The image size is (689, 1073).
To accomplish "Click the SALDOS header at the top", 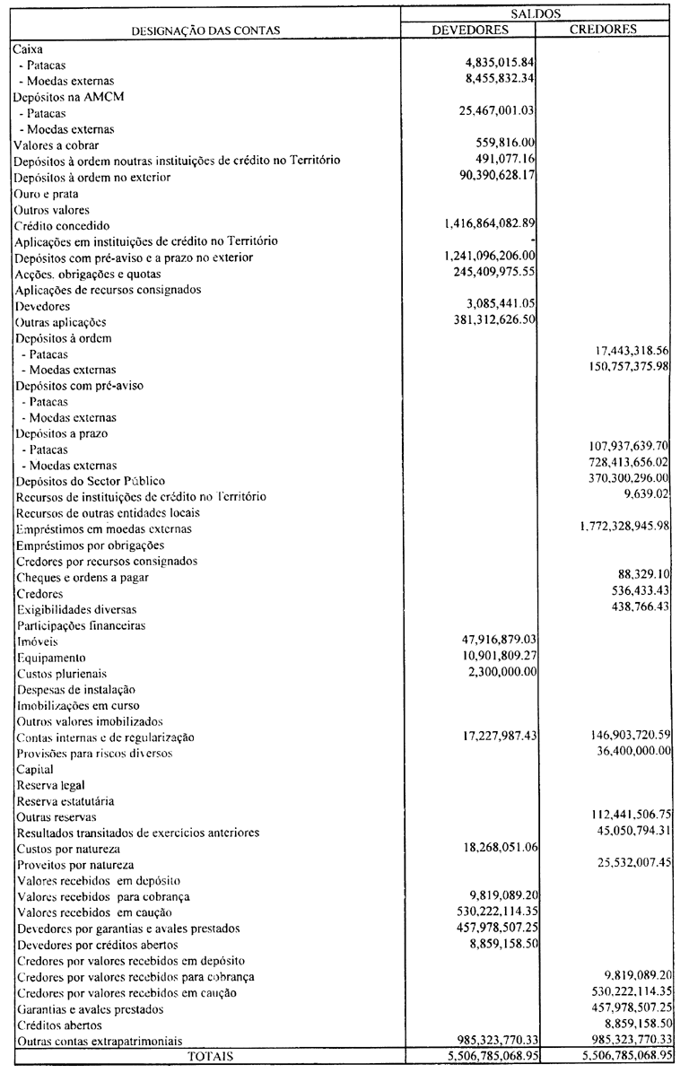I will click(536, 12).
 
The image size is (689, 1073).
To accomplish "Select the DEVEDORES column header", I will click(470, 29).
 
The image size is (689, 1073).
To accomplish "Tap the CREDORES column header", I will click(603, 29).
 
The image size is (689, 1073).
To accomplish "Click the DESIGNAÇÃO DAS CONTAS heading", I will click(205, 30).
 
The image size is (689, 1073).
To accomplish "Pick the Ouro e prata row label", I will click(46, 193).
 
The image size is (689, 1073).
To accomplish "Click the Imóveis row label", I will click(36, 641).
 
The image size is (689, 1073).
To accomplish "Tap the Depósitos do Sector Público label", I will click(90, 481).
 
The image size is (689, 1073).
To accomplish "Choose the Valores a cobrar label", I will click(56, 144).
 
